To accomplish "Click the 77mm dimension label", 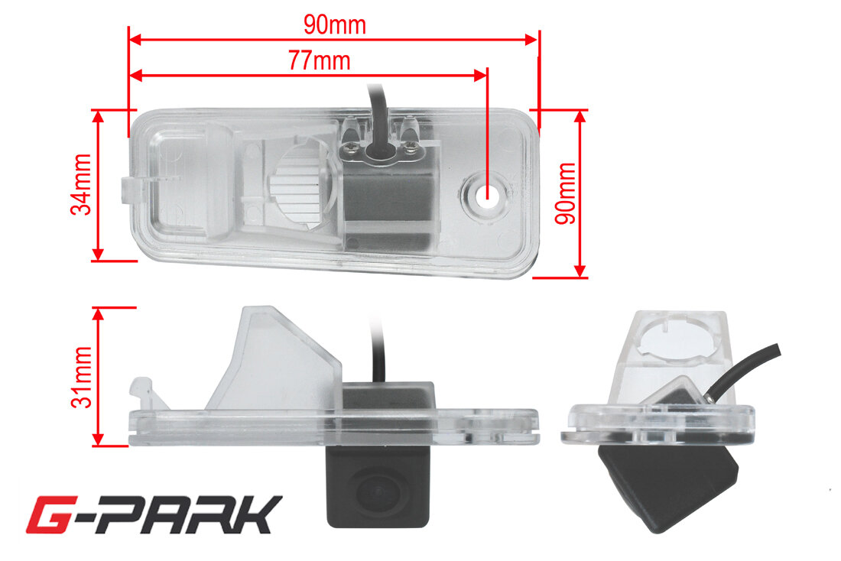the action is point(320,60).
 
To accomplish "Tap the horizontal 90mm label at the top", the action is point(335,24).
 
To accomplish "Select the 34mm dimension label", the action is point(82,184).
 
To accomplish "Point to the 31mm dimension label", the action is point(82,377).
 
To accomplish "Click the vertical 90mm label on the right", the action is point(565,193).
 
